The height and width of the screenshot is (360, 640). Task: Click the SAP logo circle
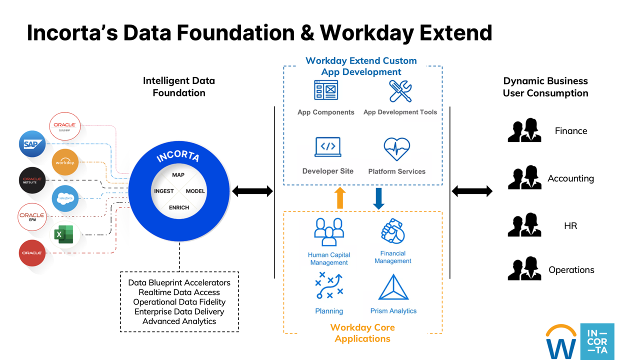(x=32, y=144)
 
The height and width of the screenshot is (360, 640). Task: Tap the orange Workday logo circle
(x=65, y=162)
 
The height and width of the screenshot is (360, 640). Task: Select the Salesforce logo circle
(x=65, y=198)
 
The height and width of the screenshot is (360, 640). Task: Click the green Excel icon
(x=63, y=234)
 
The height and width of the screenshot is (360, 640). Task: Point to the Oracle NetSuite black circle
(x=32, y=180)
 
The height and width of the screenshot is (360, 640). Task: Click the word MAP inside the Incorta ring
(x=178, y=175)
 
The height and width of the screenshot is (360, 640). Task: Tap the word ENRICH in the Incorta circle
(x=179, y=207)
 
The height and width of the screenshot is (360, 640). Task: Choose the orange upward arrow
(x=340, y=198)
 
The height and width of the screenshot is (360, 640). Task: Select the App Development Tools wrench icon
(x=400, y=91)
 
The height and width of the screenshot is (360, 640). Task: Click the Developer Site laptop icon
(x=328, y=147)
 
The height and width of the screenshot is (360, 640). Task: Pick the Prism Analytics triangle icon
(x=393, y=287)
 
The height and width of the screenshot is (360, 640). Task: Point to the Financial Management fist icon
(x=393, y=231)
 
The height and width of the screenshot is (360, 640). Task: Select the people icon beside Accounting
(x=524, y=177)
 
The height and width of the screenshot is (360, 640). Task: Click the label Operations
(x=571, y=270)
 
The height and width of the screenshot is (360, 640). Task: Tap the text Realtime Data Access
(x=179, y=292)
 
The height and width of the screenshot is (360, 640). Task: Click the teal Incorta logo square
(x=597, y=341)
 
